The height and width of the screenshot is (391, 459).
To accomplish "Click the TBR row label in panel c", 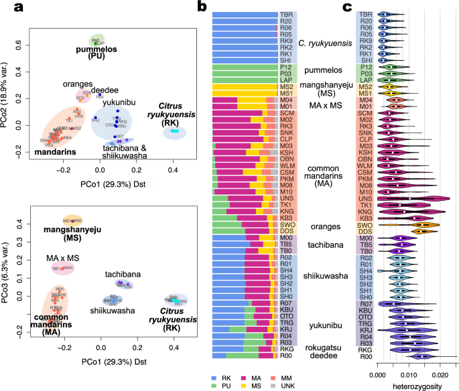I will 366,14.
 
